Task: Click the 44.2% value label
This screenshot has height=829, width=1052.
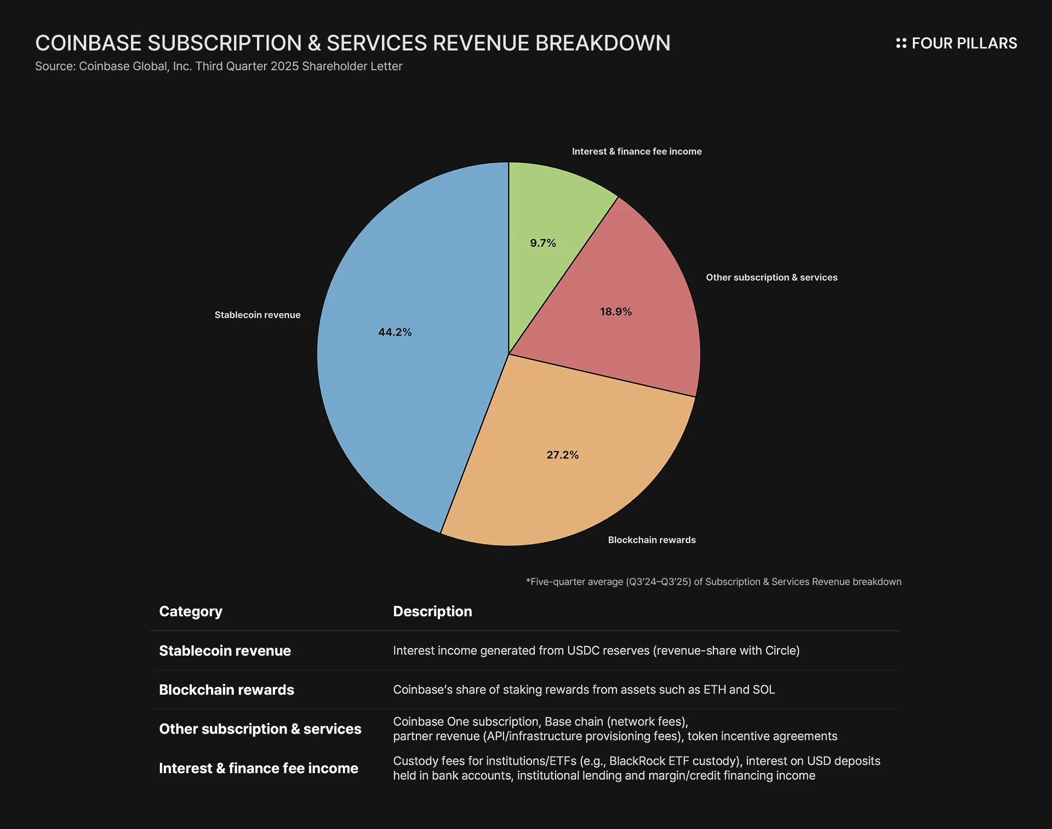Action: [x=395, y=332]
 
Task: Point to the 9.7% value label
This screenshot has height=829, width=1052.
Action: [x=542, y=243]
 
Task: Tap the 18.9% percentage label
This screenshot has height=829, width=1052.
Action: [x=615, y=311]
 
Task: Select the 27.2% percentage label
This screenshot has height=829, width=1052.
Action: [x=562, y=455]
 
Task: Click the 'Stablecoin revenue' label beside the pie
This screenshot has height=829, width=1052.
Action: [x=257, y=315]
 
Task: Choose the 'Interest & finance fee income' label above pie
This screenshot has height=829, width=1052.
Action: [x=636, y=151]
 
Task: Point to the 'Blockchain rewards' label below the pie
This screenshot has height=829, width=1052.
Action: [x=651, y=540]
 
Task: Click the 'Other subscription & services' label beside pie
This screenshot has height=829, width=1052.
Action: [x=771, y=277]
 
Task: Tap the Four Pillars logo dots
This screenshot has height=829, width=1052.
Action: [x=901, y=43]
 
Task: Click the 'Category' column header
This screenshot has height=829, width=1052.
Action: [x=190, y=611]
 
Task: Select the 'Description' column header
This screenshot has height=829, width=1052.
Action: [x=432, y=611]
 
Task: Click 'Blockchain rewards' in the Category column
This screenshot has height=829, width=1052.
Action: [x=226, y=690]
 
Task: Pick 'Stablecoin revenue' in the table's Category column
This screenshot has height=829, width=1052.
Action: [x=225, y=651]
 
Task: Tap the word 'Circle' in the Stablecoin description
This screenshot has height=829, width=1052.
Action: [x=780, y=651]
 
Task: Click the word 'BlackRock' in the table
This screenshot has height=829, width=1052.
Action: [x=637, y=761]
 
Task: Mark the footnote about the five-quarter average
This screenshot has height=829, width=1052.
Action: [x=713, y=582]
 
